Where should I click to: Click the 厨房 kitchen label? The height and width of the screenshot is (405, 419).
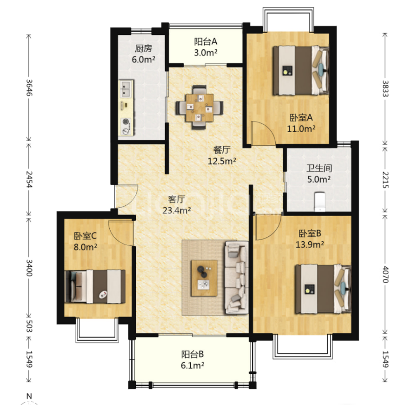pos(144,48)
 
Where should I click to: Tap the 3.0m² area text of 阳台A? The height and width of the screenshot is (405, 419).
pos(206,53)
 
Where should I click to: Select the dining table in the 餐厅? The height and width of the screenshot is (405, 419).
pos(200,108)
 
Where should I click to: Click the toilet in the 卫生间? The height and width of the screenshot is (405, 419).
pos(320,202)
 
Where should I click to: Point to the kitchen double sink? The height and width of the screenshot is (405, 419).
pos(126,89)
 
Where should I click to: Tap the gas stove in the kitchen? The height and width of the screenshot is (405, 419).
pos(126,126)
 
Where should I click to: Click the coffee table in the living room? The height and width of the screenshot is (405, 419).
pos(204,278)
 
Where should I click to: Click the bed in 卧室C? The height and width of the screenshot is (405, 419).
pos(95,286)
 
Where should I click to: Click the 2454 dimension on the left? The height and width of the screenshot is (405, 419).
pos(29,179)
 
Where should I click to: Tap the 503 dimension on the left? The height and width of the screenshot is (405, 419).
pos(29,326)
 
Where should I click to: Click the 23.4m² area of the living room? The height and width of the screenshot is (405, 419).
pos(176,211)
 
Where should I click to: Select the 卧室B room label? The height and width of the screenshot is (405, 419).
pos(310,234)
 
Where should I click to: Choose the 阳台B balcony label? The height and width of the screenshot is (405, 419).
pos(193,354)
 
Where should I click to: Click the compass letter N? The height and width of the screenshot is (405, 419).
pos(29,396)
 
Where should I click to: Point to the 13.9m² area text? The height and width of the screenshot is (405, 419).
pos(310,244)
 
